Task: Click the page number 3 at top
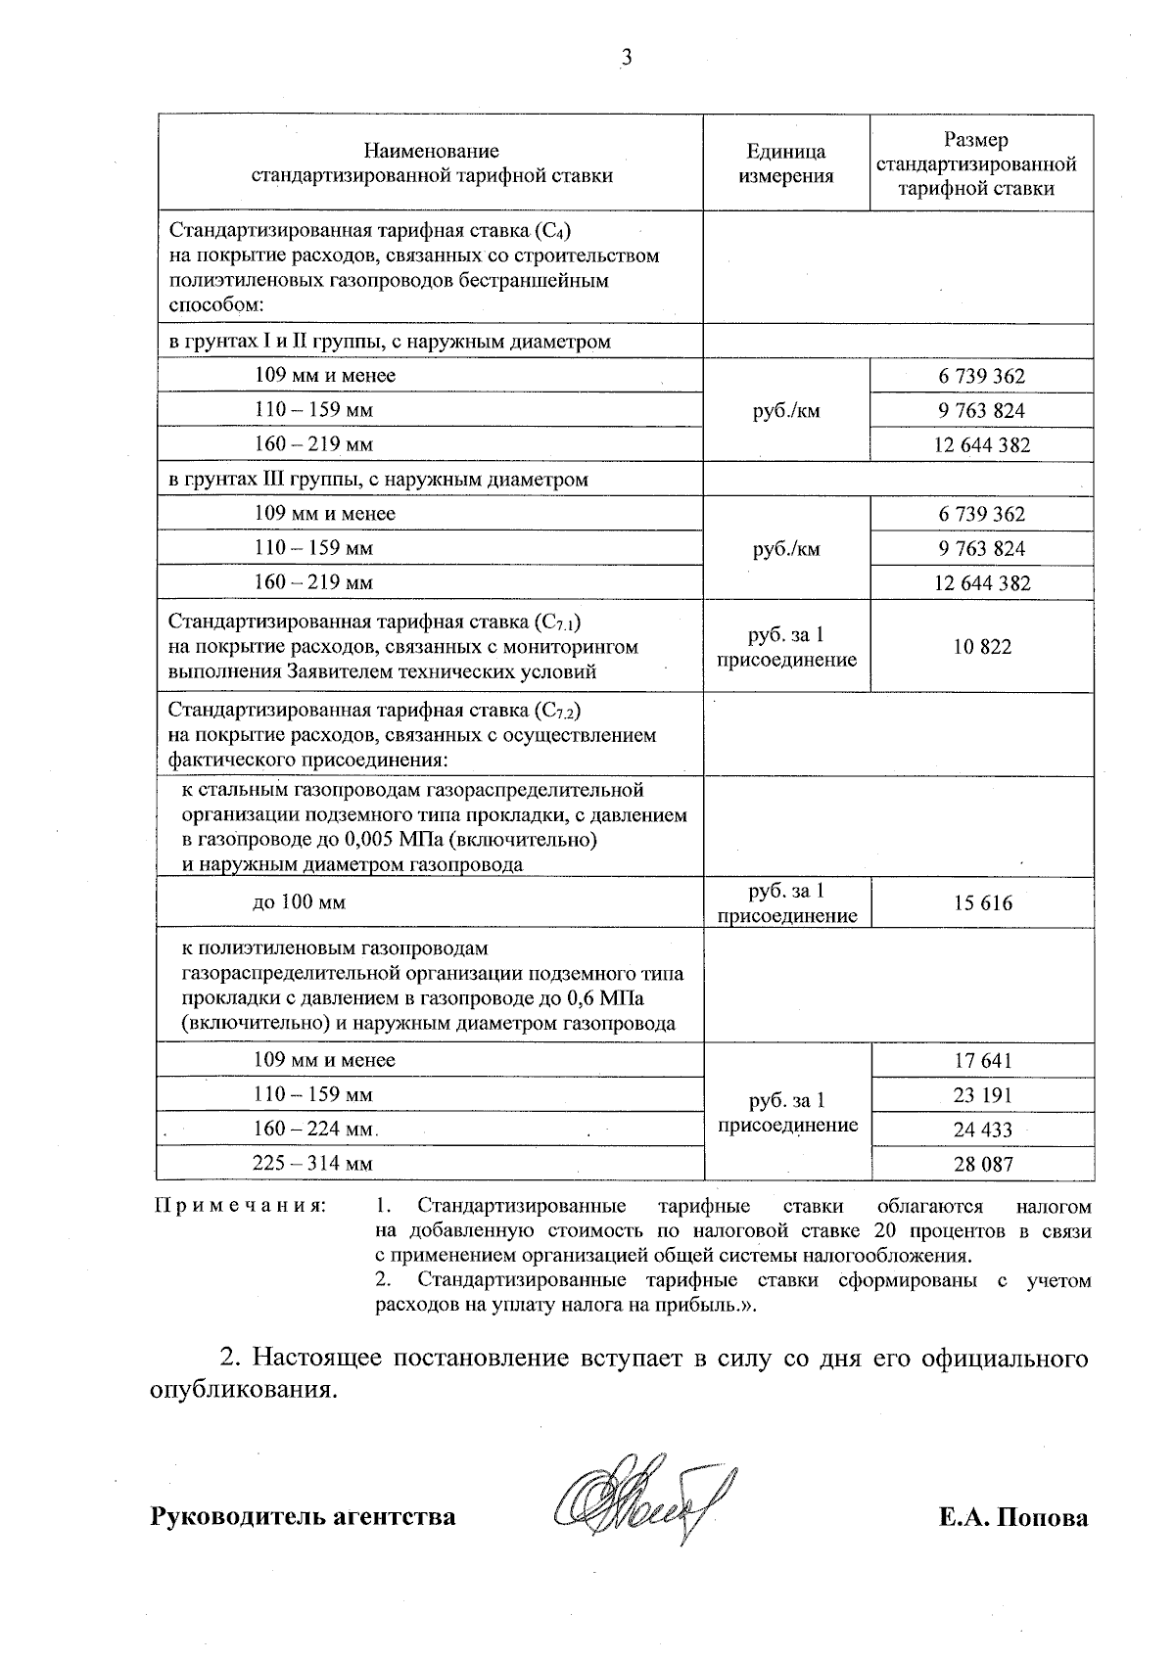coord(627,58)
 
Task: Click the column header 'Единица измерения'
coord(785,163)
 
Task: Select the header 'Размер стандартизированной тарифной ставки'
coord(981,164)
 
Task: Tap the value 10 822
coord(982,647)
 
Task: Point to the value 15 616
coord(982,903)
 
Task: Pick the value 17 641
coord(982,1061)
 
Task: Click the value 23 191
coord(982,1095)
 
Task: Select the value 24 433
coord(982,1130)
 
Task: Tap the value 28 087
coord(982,1165)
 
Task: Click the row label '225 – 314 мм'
coord(313,1164)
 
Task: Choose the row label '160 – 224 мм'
coord(313,1130)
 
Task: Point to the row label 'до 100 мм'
coord(299,902)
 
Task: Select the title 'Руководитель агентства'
coord(303,1517)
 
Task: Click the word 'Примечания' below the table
coord(239,1206)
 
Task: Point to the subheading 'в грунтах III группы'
coord(378,480)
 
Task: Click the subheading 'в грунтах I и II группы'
coord(389,342)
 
